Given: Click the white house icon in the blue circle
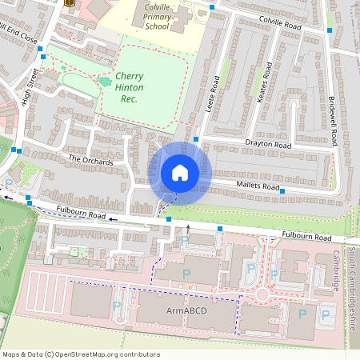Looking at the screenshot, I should pyautogui.click(x=180, y=173).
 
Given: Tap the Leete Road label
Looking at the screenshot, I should pyautogui.click(x=214, y=94).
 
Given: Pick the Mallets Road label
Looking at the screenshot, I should pyautogui.click(x=258, y=186).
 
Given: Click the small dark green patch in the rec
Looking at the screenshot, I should pyautogui.click(x=105, y=81).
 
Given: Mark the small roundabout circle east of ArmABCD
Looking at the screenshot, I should pyautogui.click(x=261, y=295).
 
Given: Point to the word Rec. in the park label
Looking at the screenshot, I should pyautogui.click(x=129, y=99).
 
